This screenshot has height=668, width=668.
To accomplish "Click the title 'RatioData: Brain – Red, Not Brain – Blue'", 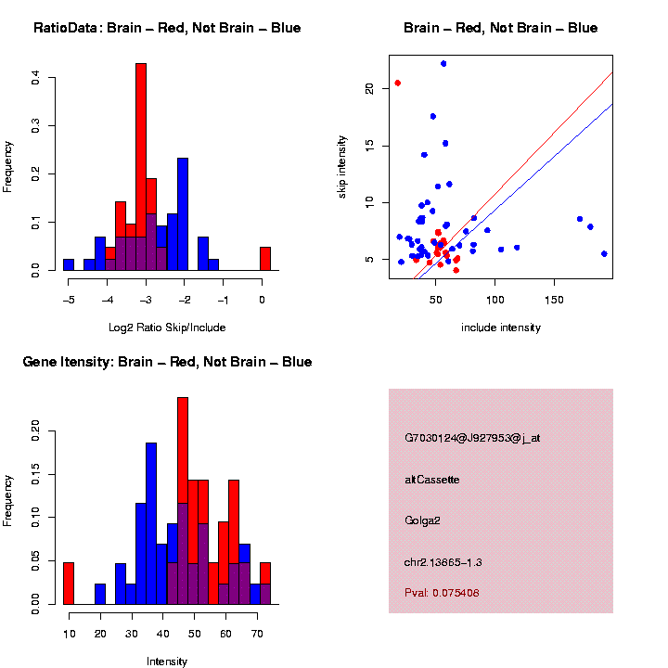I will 167,28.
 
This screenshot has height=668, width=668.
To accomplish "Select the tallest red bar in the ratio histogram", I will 141,167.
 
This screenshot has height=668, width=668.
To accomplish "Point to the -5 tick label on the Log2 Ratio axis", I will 68,300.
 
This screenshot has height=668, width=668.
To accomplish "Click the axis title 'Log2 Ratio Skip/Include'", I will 167,328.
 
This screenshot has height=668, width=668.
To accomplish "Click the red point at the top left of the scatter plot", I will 398,83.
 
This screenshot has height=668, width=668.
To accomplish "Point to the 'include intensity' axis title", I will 501,328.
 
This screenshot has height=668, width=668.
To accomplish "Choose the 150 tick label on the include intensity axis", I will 554,300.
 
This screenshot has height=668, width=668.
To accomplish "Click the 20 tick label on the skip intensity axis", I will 369,88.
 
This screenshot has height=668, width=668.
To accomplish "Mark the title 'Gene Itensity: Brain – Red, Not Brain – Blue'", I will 167,361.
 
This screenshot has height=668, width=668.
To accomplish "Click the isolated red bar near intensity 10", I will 69,584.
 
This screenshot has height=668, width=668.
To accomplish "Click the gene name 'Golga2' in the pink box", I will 422,520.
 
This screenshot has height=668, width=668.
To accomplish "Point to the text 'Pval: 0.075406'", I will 442,593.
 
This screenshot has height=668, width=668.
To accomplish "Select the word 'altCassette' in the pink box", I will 432,480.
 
